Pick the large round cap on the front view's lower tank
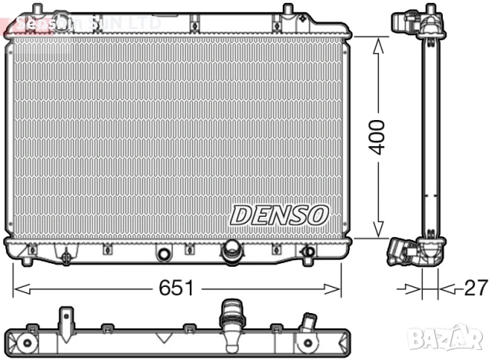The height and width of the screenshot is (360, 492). [231, 250]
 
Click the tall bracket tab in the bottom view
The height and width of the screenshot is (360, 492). [65, 319]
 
